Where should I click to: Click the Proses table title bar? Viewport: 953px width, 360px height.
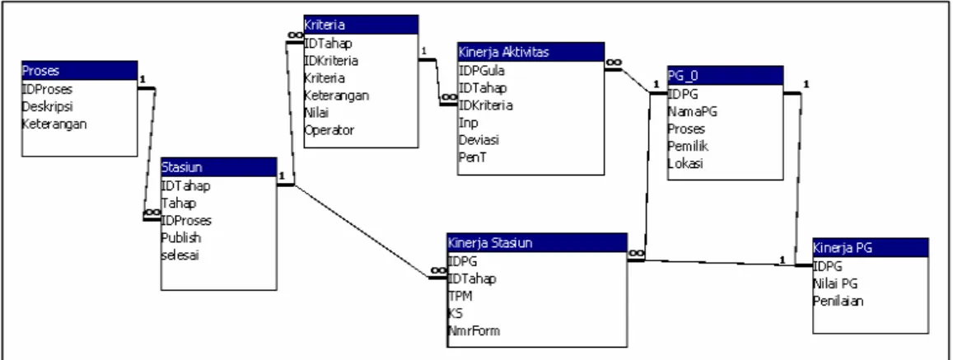point(80,71)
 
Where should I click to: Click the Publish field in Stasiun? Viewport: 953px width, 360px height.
point(181,237)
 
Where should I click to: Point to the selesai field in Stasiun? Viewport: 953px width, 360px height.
point(180,255)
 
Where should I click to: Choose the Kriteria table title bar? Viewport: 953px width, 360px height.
point(361,25)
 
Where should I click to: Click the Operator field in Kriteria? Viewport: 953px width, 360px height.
point(329,130)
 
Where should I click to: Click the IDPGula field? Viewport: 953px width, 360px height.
point(481,70)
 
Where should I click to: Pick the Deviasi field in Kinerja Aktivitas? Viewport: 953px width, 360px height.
point(479,140)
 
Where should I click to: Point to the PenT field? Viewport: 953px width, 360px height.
point(472,157)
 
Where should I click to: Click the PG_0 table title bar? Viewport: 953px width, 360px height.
point(725,76)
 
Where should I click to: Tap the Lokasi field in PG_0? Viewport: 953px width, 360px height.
point(685,164)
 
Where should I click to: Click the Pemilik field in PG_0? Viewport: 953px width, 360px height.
point(688,146)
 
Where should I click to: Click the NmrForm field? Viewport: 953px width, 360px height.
point(474,331)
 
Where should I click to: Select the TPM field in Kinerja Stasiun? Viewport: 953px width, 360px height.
point(460,296)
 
